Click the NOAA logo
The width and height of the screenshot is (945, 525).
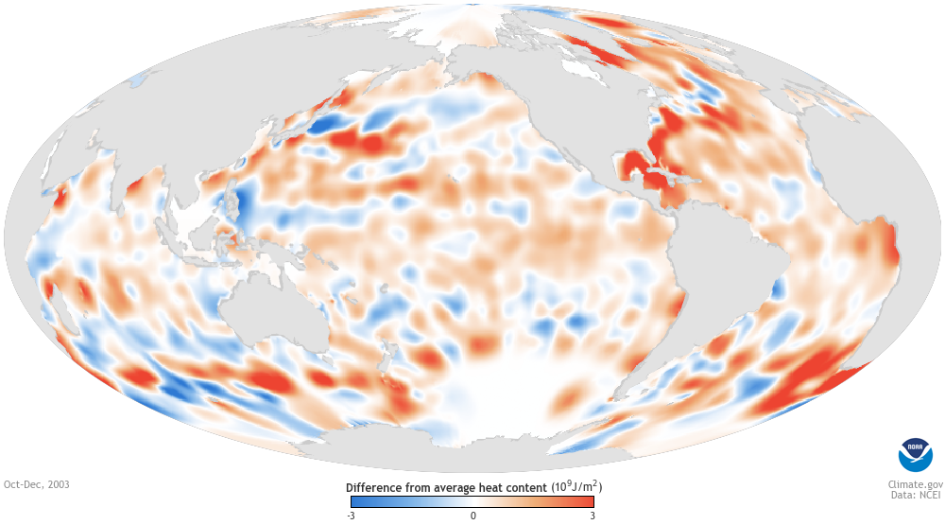coord(914,454)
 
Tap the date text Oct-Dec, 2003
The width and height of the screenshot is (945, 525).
coord(37,484)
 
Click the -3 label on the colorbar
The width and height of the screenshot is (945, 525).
coord(351,516)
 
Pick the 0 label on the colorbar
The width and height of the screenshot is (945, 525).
coord(473,516)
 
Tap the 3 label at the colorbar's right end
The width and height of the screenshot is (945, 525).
coord(592,516)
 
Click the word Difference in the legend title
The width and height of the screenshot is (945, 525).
coord(376,488)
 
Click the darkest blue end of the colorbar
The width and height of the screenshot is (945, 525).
coord(353,501)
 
